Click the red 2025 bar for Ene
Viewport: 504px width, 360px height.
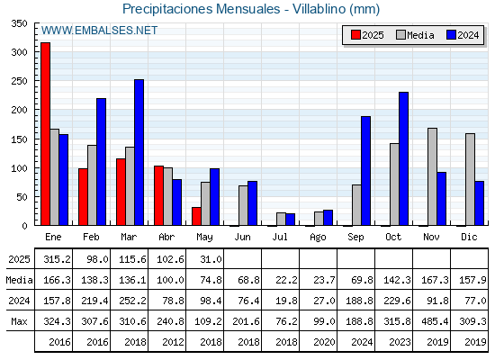pyautogui.click(x=45, y=134)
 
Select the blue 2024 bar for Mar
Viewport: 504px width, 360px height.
pyautogui.click(x=139, y=152)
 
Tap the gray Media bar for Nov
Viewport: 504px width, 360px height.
pyautogui.click(x=432, y=176)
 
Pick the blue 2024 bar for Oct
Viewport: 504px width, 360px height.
pyautogui.click(x=404, y=158)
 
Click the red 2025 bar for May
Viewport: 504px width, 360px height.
pyautogui.click(x=196, y=216)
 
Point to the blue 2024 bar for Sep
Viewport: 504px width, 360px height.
pyautogui.click(x=365, y=171)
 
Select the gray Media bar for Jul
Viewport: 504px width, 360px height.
pyautogui.click(x=281, y=219)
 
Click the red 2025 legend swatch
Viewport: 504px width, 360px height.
pyautogui.click(x=355, y=35)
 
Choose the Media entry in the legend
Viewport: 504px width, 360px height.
pyautogui.click(x=415, y=35)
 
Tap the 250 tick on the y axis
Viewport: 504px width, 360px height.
pyautogui.click(x=19, y=81)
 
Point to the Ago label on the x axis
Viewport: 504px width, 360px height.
pyautogui.click(x=318, y=238)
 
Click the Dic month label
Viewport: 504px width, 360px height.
pyautogui.click(x=469, y=237)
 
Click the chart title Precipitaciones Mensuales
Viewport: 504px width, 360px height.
pyautogui.click(x=202, y=9)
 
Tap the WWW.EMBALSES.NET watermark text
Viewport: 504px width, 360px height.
pyautogui.click(x=99, y=31)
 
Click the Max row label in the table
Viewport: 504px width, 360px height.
pyautogui.click(x=19, y=321)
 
